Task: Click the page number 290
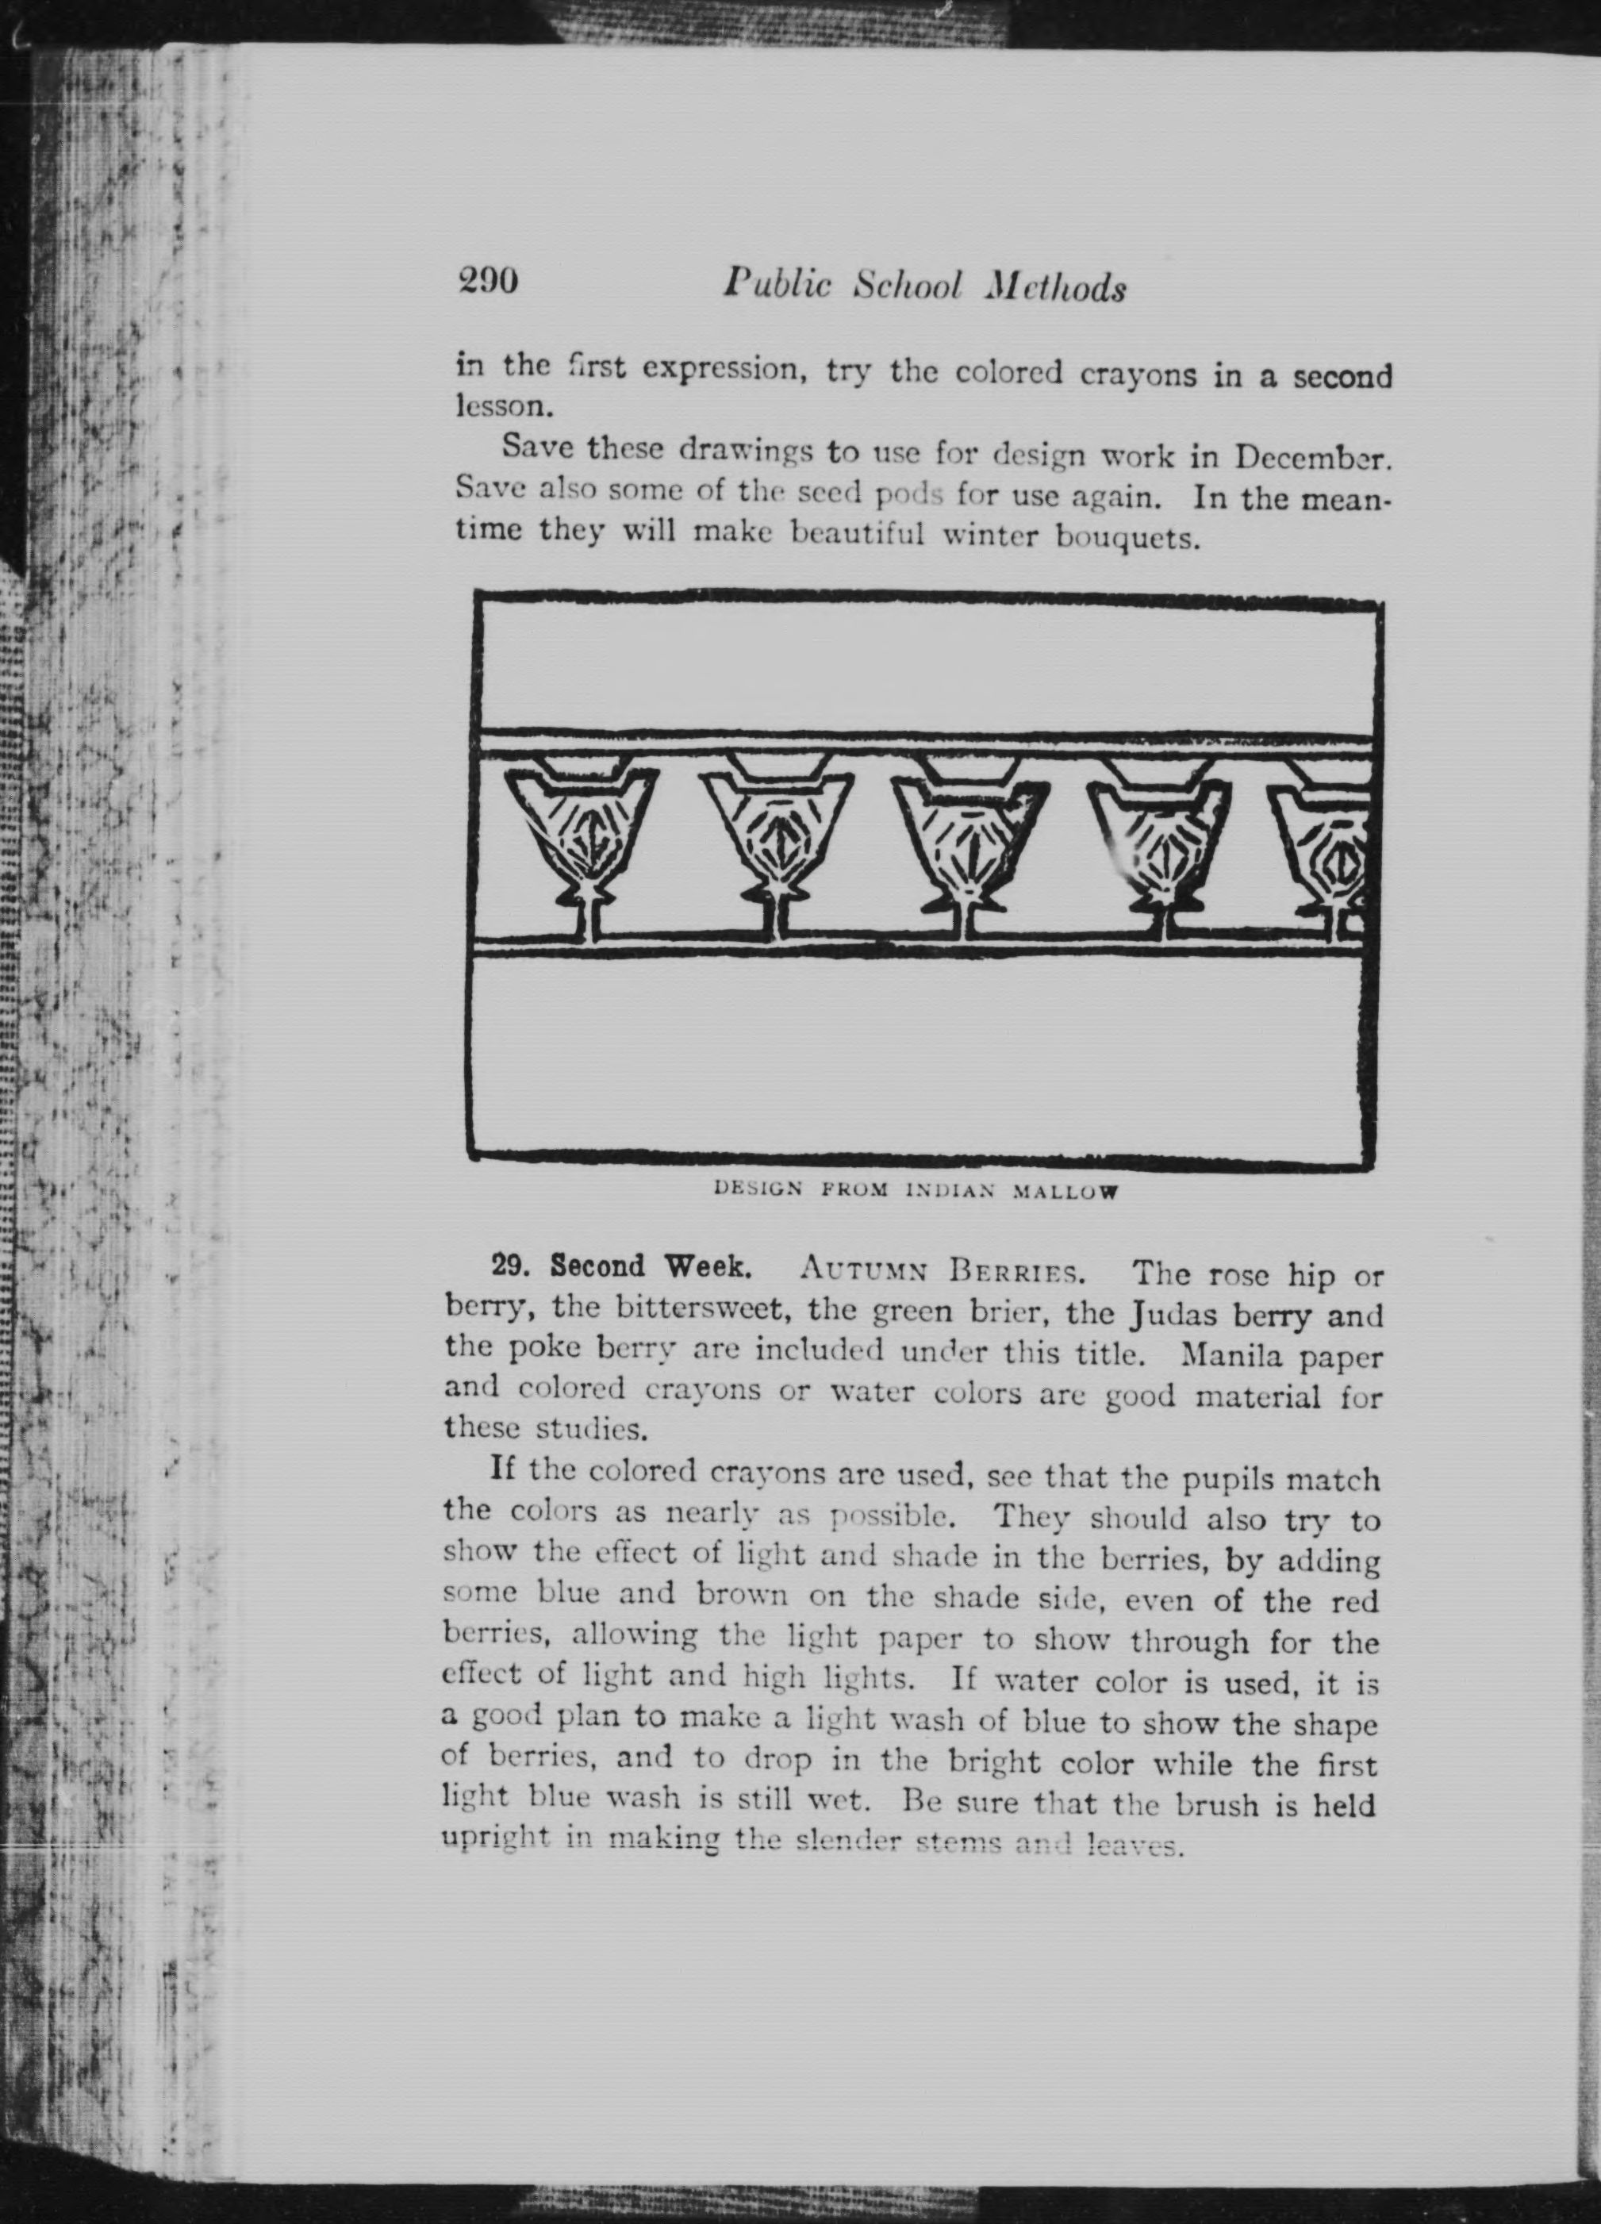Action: (x=487, y=282)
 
